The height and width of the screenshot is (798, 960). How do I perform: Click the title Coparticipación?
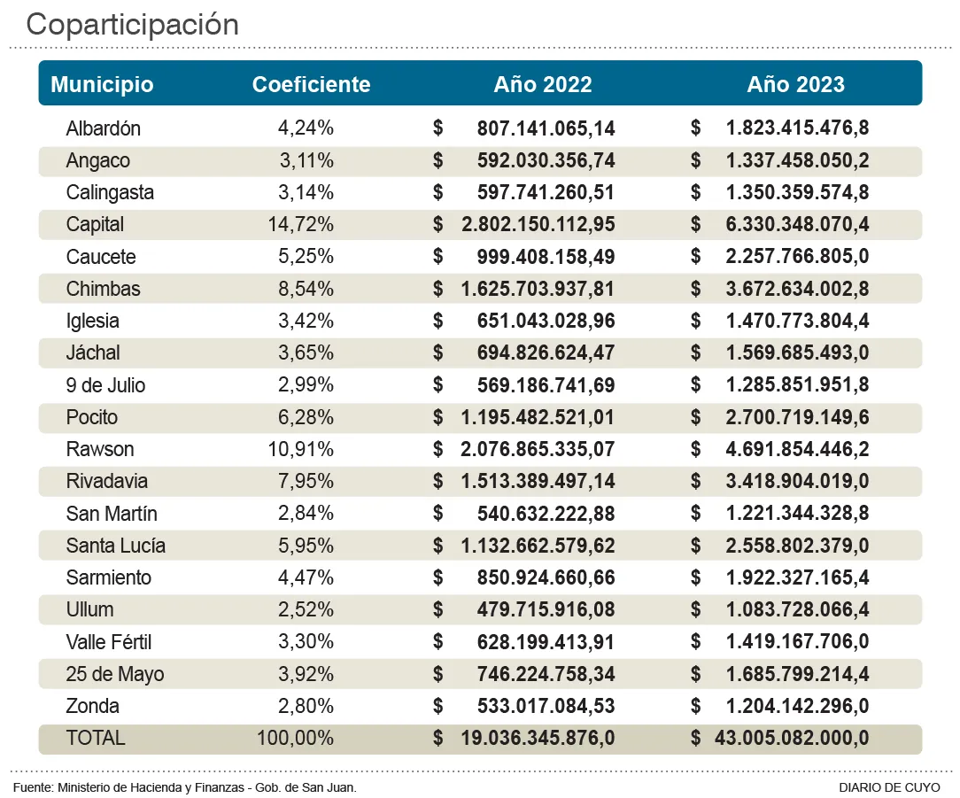133,25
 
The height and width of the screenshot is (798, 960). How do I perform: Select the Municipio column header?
102,84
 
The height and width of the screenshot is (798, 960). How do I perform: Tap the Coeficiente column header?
311,84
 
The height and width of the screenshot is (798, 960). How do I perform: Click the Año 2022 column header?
542,84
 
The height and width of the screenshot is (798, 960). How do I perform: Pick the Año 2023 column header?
795,84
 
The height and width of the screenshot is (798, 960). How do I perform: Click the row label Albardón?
103,128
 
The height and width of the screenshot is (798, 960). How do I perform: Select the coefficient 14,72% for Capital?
300,225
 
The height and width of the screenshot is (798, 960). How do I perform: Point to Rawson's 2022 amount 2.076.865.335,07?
537,449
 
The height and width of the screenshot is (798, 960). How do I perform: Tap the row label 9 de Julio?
105,385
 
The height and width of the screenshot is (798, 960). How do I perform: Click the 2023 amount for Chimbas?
797,289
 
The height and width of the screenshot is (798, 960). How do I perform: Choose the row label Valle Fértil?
108,642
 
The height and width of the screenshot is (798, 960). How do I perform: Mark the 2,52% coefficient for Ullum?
306,610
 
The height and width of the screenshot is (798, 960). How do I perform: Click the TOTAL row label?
96,738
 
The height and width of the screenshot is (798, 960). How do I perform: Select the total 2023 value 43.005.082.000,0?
791,738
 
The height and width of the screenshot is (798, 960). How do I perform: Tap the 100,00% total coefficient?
295,738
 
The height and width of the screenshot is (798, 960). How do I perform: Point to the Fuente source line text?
185,787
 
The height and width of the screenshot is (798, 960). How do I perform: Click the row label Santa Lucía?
115,546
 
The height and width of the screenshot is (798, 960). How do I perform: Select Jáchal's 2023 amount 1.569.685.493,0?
797,353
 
